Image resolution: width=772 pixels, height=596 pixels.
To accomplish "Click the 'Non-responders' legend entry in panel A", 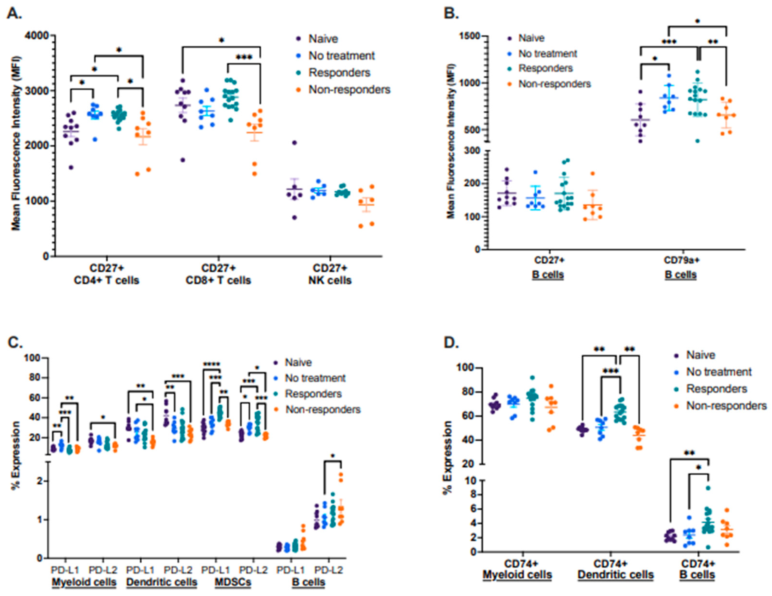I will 349,90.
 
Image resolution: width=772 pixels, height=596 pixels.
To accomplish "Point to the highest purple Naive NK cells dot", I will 294,143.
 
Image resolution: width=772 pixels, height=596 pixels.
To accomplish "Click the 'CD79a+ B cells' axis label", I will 681,268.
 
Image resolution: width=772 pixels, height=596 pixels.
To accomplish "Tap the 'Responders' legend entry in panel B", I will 545,69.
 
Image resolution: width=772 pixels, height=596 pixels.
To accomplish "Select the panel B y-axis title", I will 451,141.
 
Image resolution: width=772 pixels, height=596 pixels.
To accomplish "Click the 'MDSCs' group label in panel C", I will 233,582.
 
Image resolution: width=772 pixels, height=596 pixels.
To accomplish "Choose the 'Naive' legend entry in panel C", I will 298,363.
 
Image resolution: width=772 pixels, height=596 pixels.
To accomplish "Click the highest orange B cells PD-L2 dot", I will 341,475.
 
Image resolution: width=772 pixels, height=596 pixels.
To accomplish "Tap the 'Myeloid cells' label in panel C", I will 84,582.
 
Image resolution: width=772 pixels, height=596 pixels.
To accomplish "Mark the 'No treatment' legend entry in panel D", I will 719,372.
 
